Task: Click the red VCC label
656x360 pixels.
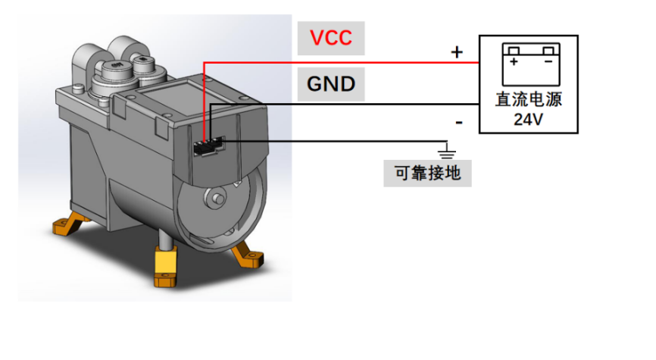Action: (330, 37)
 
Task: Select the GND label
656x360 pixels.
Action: (330, 83)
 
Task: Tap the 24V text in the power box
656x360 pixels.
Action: (528, 119)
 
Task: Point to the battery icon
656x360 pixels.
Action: (529, 65)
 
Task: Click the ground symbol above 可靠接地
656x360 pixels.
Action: (447, 150)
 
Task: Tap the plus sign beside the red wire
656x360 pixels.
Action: (457, 52)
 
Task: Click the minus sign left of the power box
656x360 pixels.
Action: (458, 121)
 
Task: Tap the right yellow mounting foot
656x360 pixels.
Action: (248, 256)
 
